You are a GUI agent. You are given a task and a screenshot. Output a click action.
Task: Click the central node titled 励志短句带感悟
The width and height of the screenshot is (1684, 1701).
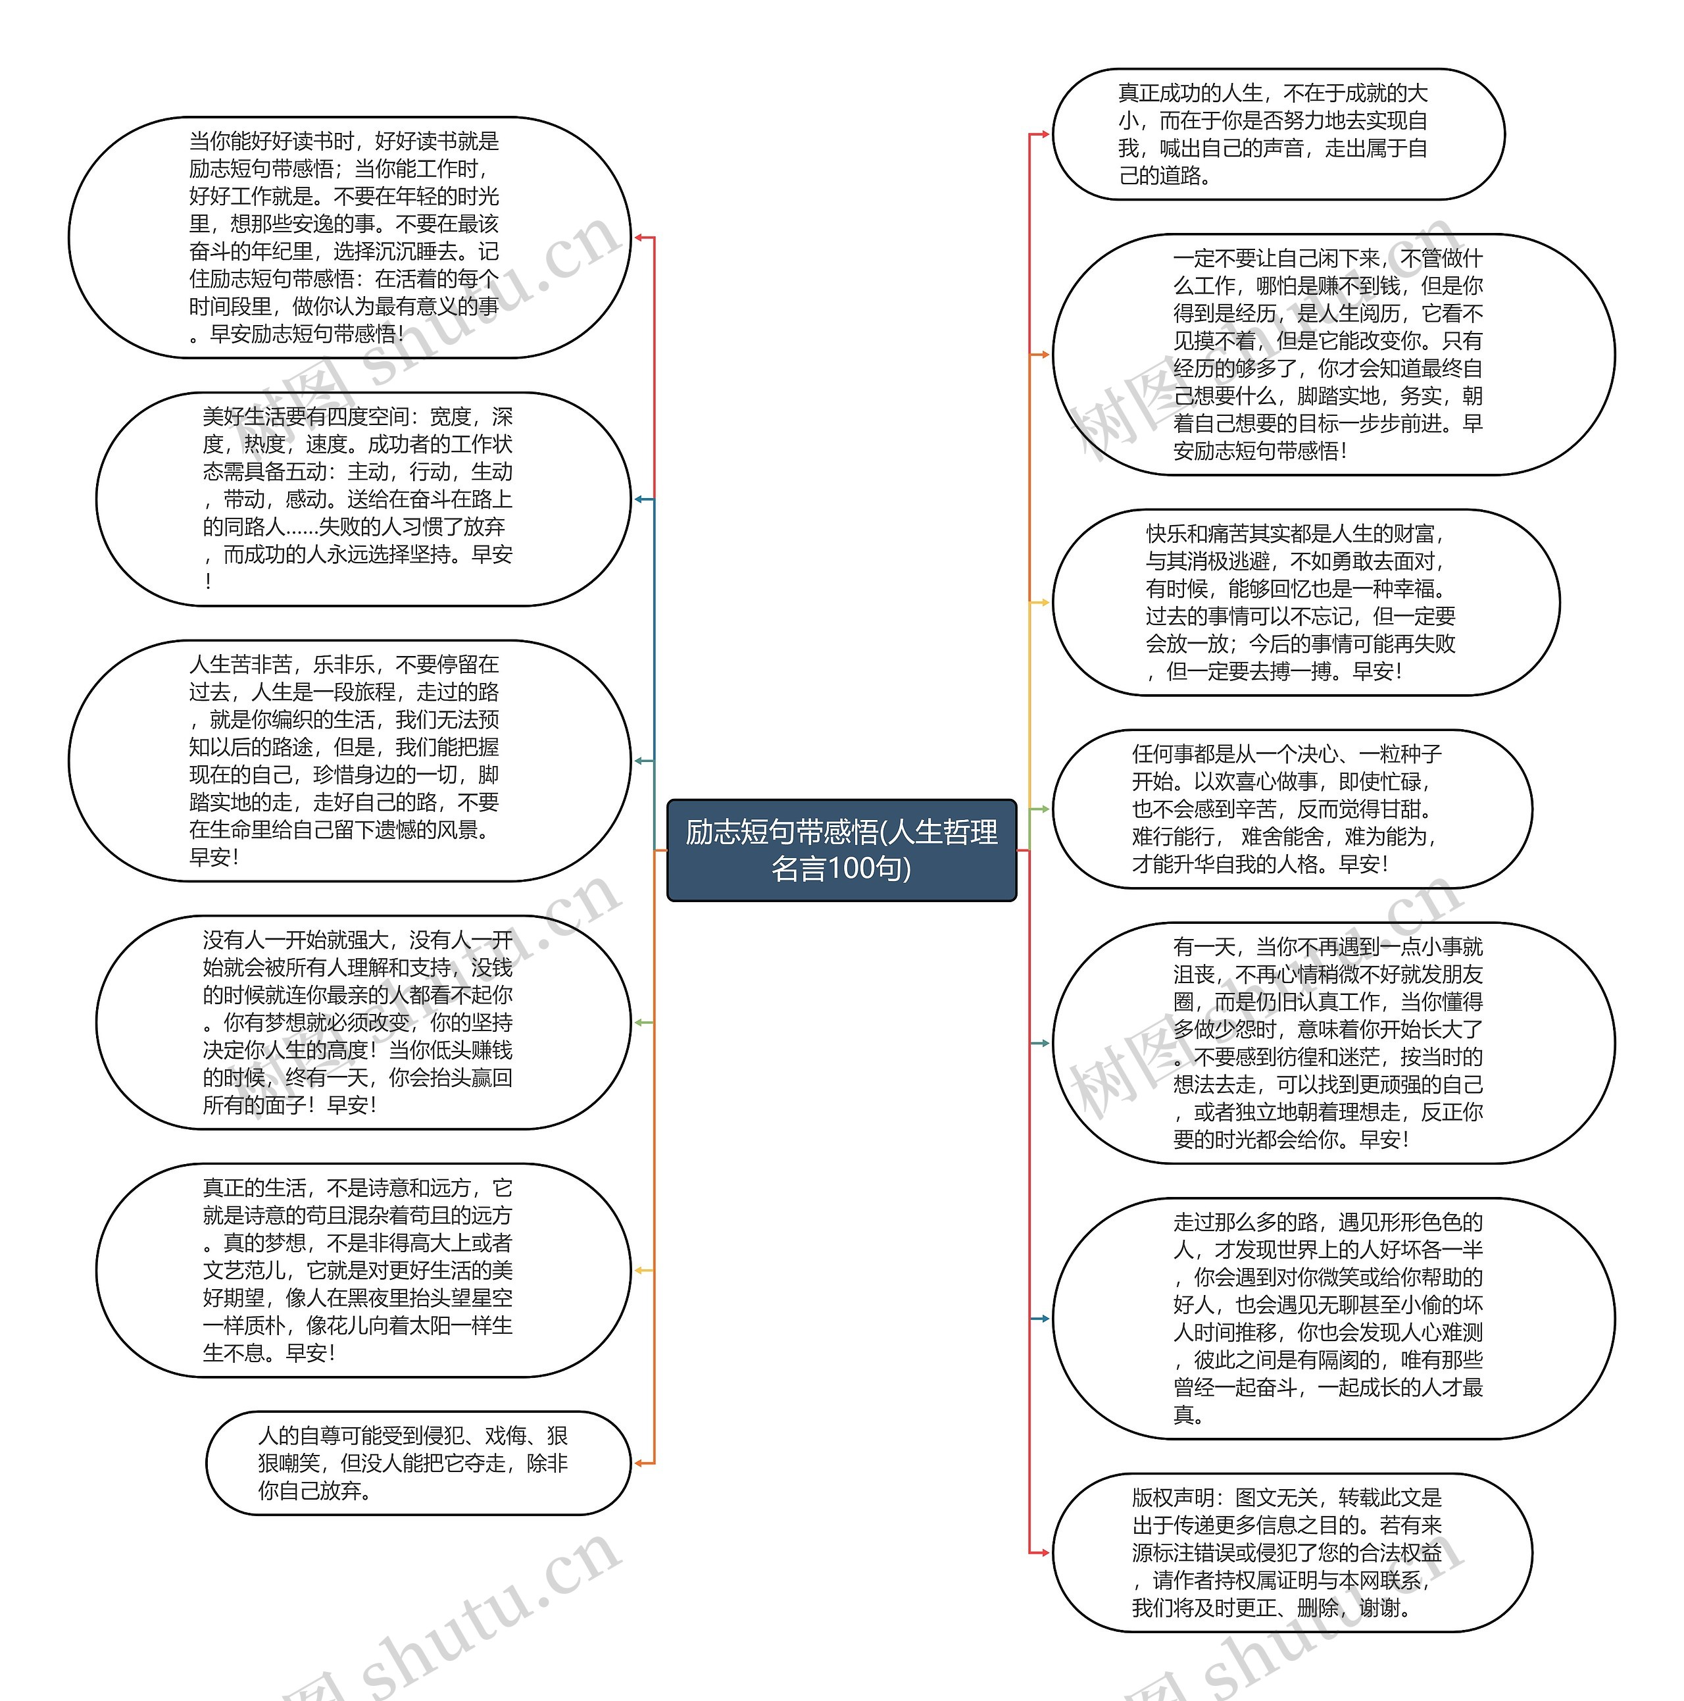pyautogui.click(x=841, y=850)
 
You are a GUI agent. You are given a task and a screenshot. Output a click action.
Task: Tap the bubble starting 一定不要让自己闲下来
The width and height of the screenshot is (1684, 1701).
pyautogui.click(x=1333, y=355)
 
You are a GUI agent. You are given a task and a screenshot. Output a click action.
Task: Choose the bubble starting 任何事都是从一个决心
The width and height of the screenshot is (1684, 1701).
pyautogui.click(x=1291, y=808)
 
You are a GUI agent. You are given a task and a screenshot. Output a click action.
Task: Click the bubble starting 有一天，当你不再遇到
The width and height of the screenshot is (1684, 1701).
pyautogui.click(x=1333, y=1044)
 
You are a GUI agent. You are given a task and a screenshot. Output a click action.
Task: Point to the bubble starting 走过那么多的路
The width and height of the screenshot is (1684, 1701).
pyautogui.click(x=1333, y=1318)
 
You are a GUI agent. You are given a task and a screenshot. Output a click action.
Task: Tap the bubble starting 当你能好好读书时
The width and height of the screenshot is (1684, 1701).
pyautogui.click(x=349, y=238)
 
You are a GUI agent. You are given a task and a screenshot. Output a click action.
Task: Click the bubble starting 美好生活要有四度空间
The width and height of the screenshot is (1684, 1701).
pyautogui.click(x=362, y=499)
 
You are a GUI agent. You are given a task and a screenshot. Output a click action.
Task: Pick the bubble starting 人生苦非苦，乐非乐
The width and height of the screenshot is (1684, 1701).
pyautogui.click(x=349, y=761)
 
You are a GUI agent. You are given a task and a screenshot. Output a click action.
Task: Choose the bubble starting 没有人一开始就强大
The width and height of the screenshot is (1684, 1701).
pyautogui.click(x=362, y=1022)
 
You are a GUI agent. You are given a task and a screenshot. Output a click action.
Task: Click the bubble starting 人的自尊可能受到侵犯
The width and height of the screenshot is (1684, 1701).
pyautogui.click(x=418, y=1463)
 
